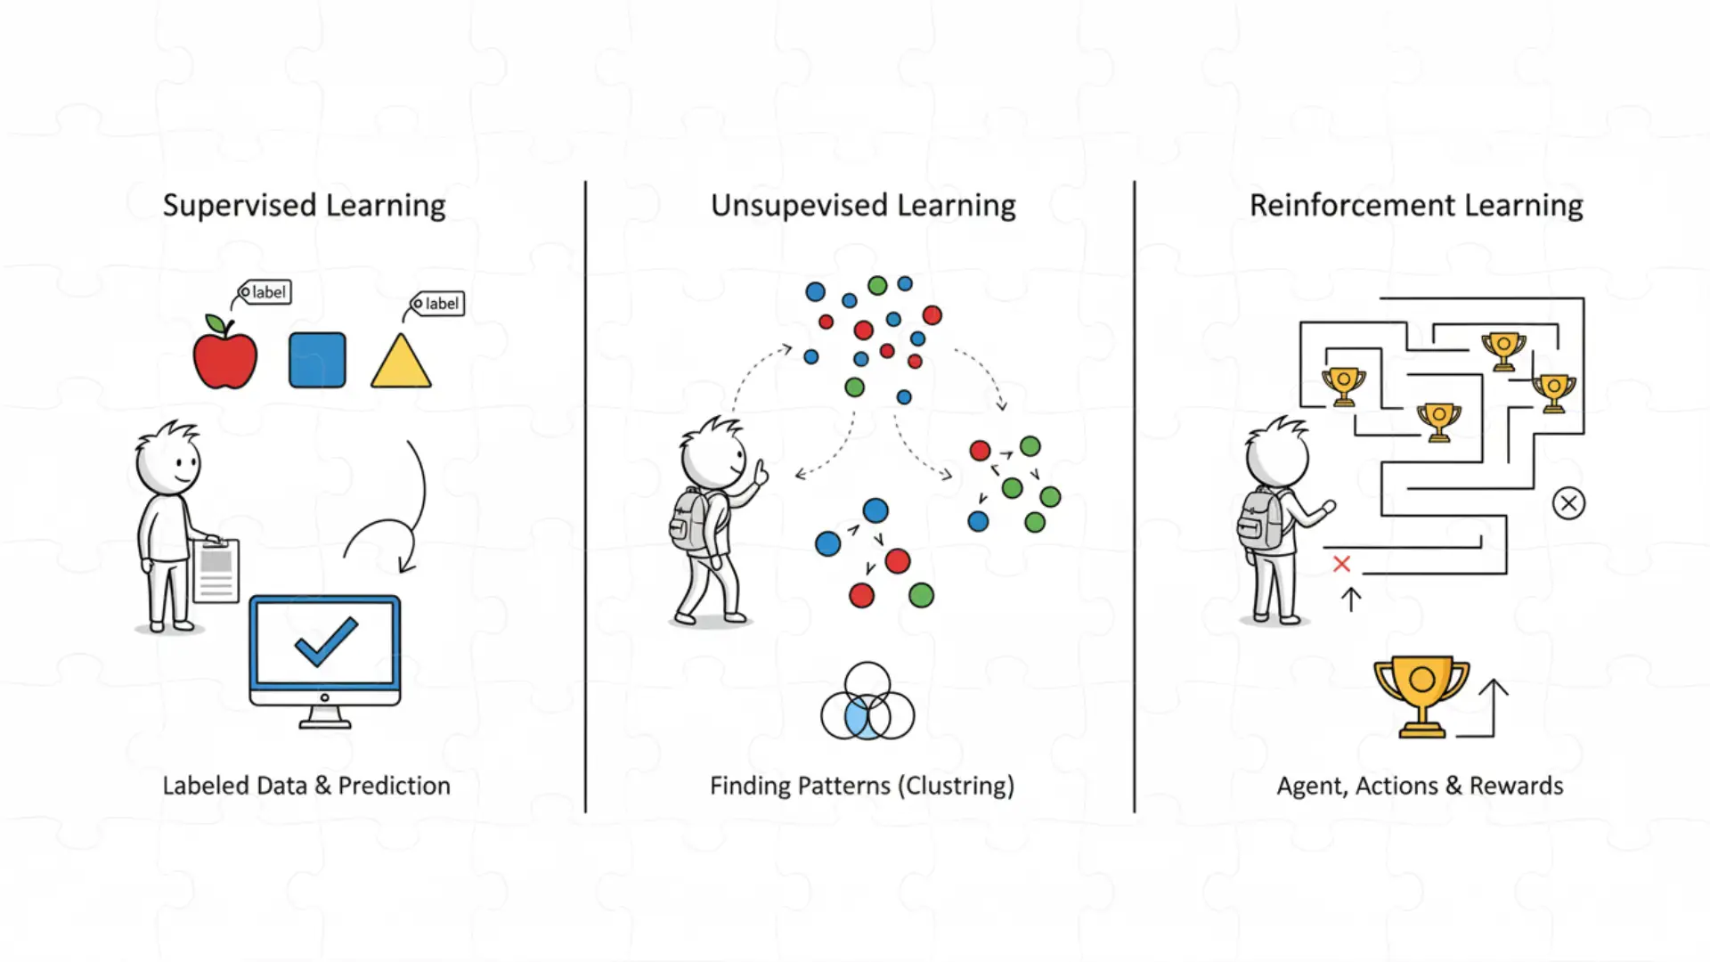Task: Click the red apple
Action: pos(225,358)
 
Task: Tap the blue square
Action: pos(317,361)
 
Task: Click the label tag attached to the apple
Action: pos(265,292)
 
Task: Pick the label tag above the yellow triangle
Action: pos(438,304)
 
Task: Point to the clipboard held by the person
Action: pos(216,570)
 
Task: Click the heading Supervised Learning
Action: pos(304,206)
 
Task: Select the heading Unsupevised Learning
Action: pos(862,206)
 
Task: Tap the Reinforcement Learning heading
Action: pos(1416,206)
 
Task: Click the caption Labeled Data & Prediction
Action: pos(306,786)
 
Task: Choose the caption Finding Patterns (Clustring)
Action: pos(862,786)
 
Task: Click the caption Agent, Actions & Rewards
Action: pos(1420,786)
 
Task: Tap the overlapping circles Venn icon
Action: pos(867,704)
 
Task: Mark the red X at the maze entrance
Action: pos(1341,564)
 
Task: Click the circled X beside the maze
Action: pos(1568,503)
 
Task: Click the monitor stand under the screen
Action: pos(325,717)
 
